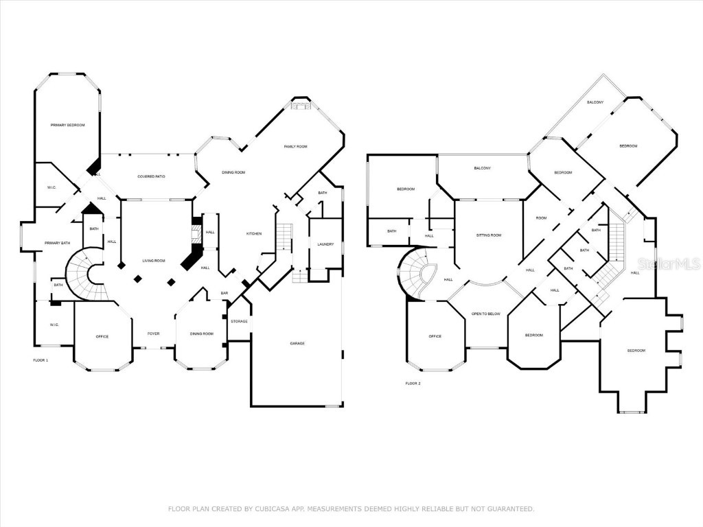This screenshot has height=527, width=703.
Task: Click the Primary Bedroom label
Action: click(x=67, y=125)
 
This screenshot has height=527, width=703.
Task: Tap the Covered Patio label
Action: click(x=151, y=176)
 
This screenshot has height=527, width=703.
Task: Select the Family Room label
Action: click(x=296, y=147)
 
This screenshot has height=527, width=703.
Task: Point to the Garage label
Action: click(x=297, y=343)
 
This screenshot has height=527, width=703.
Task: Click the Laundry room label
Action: click(x=325, y=244)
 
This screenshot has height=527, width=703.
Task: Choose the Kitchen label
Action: click(x=254, y=234)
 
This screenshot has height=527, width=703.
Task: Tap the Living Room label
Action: click(x=154, y=261)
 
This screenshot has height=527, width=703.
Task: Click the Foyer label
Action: click(x=153, y=334)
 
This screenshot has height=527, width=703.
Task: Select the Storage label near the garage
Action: click(x=239, y=321)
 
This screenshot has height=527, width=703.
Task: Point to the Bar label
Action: click(x=224, y=294)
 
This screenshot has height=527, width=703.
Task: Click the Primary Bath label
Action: click(x=58, y=243)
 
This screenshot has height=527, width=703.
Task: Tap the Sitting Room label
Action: click(x=489, y=235)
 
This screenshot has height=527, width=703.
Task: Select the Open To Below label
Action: click(x=485, y=314)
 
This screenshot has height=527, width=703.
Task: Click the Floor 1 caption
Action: click(x=41, y=360)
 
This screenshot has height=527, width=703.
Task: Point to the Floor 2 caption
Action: click(x=413, y=383)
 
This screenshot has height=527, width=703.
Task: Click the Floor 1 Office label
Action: click(x=102, y=336)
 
